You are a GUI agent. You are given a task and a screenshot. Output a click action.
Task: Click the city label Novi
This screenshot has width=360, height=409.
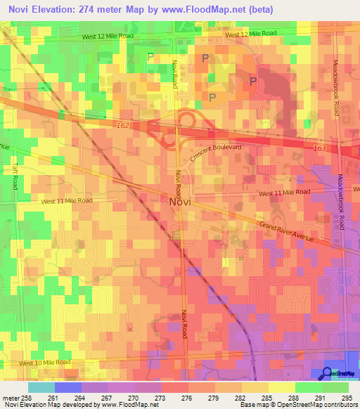tap(180, 201)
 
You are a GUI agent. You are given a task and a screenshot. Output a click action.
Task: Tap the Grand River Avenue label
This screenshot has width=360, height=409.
tap(286, 233)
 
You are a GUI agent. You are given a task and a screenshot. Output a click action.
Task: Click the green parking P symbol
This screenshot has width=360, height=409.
tap(150, 56)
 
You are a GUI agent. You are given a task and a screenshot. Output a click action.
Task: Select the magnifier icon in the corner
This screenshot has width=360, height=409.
tap(328, 373)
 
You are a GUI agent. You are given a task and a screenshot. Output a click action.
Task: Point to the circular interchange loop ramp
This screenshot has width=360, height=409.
tap(169, 139)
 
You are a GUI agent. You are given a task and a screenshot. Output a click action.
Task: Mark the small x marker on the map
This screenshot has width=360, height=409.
tap(129, 328)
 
